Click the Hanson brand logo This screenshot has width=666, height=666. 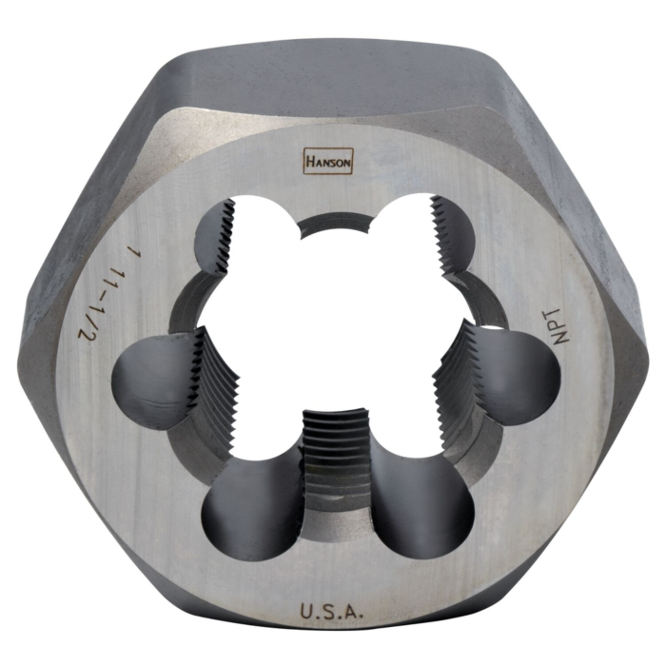(327, 161)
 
